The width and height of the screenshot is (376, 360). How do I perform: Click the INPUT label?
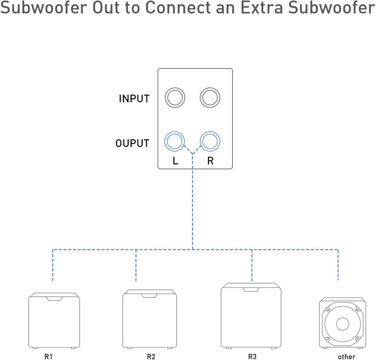pos(134,98)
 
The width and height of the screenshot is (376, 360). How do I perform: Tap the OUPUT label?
pos(132,143)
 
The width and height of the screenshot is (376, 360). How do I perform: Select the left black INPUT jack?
pos(175,98)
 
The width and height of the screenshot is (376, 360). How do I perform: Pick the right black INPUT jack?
pos(210,98)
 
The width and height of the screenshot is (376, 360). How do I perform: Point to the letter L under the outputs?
pos(175,161)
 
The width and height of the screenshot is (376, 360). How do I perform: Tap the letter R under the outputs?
pos(210,161)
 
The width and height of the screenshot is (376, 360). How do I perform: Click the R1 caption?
pos(48,356)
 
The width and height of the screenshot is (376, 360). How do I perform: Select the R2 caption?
pos(151,356)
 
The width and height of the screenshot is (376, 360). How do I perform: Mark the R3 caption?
pos(252,356)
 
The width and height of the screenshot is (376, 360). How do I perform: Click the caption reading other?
pos(347,357)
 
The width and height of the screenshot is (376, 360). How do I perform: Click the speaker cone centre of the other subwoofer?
pos(343,324)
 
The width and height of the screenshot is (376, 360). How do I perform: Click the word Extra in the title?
pos(261,8)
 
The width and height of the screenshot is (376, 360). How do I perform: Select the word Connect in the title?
pos(179,8)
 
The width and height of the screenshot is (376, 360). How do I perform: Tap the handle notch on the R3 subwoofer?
pos(251,289)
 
